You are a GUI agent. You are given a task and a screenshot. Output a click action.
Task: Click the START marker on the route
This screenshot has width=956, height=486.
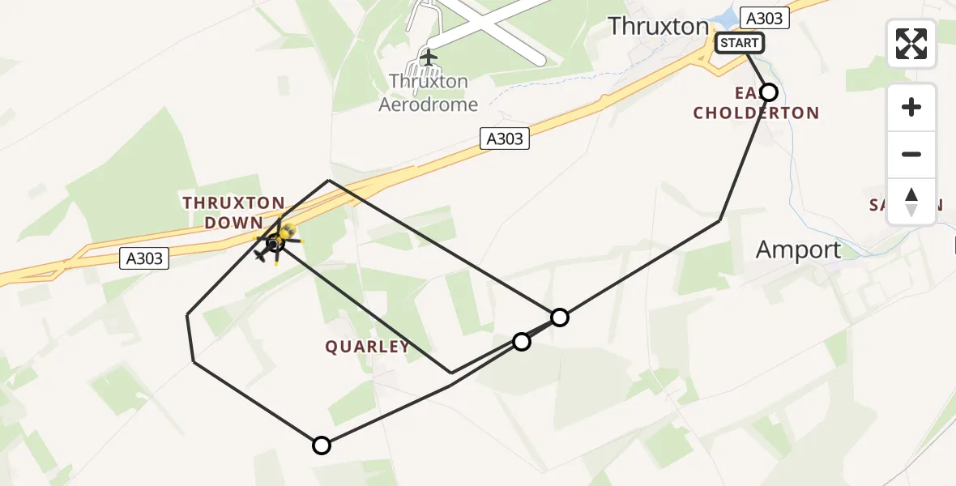pos(739,43)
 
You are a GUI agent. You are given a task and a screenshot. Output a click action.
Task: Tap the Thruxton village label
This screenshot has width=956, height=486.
pos(658,26)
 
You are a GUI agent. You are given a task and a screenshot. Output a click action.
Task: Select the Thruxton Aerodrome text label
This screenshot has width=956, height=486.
pos(429,92)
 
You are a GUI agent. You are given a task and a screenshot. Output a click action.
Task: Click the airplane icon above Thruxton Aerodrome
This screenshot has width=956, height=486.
pos(428,58)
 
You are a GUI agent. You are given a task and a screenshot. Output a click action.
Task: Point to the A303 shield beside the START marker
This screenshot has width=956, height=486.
pos(763,18)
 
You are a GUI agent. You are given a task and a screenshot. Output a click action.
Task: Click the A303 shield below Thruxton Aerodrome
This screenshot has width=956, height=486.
pos(504,139)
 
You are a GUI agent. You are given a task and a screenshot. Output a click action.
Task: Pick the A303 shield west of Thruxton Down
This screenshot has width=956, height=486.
pos(145,259)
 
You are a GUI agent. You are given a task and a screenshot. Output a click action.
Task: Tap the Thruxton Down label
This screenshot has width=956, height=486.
pos(233,213)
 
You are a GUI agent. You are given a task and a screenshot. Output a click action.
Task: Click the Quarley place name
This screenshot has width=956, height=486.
pos(367,347)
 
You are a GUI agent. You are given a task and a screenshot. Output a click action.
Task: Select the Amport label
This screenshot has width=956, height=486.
pos(798,250)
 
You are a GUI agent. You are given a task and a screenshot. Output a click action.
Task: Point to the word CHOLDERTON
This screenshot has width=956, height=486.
pos(756,113)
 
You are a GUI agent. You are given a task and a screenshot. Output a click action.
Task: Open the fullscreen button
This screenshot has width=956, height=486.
pos(911,44)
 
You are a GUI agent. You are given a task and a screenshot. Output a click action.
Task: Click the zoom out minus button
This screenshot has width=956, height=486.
pos(911,154)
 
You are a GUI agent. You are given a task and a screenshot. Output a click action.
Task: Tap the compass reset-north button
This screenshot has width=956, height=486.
pos(911,202)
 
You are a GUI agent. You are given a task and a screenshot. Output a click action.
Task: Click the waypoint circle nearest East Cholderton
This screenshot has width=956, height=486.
pos(769,92)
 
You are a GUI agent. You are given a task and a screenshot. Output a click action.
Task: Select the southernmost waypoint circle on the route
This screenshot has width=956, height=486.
pos(322,446)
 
